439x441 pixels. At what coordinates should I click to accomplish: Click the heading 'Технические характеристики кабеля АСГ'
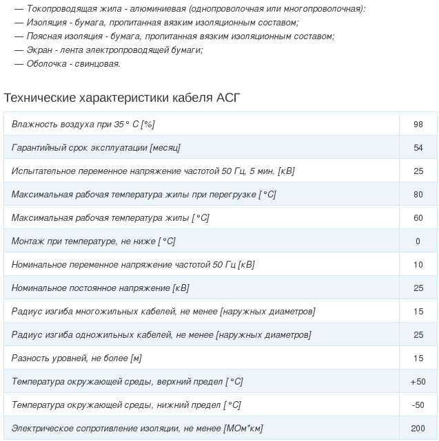(122, 98)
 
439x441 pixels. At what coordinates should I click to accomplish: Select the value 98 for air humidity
(418, 125)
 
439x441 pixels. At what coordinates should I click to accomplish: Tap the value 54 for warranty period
(418, 148)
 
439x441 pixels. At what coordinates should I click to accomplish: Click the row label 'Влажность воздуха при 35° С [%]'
(83, 125)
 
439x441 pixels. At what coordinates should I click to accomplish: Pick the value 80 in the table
(418, 195)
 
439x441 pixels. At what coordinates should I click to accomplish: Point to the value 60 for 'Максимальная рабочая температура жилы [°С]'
(418, 218)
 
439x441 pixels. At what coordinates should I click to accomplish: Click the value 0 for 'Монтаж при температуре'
(418, 241)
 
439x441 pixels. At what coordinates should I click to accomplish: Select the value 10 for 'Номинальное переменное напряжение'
(418, 265)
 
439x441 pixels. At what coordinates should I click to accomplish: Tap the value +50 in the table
(418, 382)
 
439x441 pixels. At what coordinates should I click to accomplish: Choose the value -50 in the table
(418, 405)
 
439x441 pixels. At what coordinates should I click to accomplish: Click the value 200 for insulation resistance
(418, 429)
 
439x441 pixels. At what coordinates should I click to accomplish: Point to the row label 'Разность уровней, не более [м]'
(76, 358)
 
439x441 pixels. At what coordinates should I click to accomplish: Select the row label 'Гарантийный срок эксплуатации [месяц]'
(96, 148)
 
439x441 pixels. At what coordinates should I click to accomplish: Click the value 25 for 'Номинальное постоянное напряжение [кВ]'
(418, 288)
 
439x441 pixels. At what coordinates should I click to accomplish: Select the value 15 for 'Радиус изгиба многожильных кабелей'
(418, 312)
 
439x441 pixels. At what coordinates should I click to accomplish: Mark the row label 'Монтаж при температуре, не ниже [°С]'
(93, 241)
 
